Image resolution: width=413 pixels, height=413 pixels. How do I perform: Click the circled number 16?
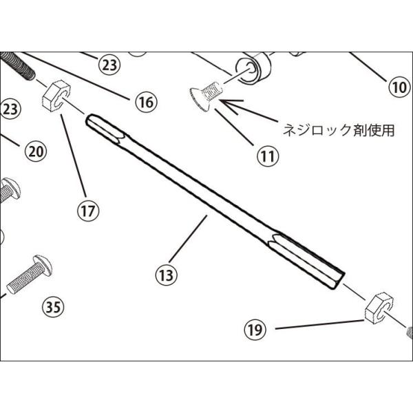(145, 103)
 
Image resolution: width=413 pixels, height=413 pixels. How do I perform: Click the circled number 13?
(167, 275)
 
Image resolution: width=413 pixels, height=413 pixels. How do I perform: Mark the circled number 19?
(255, 330)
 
